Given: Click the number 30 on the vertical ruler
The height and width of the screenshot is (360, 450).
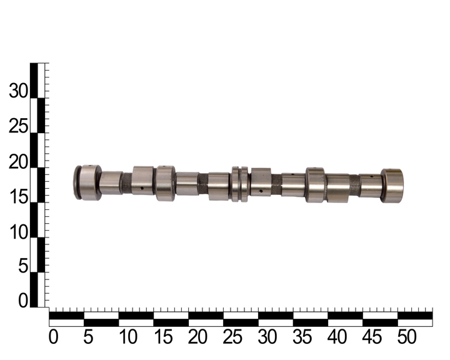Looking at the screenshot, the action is tap(19, 91).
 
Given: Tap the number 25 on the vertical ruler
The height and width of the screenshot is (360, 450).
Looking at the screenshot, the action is tap(19, 126).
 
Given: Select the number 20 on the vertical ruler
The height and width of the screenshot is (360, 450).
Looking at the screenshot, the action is tap(19, 162).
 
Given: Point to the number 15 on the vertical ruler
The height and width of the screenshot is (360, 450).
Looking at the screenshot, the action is tap(19, 197).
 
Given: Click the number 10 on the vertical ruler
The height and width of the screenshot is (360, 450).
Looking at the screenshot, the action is tap(19, 232).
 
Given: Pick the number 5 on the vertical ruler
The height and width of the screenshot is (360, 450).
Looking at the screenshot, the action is tap(24, 266).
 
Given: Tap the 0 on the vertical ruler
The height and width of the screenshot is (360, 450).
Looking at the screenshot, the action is tap(24, 301).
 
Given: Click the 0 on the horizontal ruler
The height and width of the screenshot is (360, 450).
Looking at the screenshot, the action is tap(53, 337).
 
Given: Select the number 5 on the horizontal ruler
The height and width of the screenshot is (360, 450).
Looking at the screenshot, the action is tap(88, 337).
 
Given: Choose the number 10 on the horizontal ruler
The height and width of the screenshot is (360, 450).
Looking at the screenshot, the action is tap(128, 337).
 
